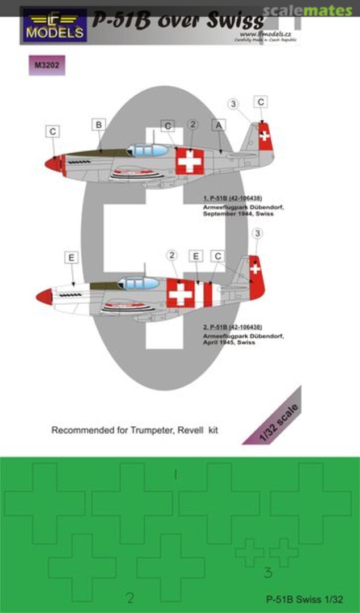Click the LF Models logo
55,25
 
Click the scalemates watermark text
316,10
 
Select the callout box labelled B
99,124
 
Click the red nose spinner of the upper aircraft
54,165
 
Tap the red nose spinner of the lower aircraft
44,296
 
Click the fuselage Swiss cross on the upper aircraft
189,161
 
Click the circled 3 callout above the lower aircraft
257,234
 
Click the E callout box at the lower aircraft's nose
71,258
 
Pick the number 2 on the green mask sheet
131,597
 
